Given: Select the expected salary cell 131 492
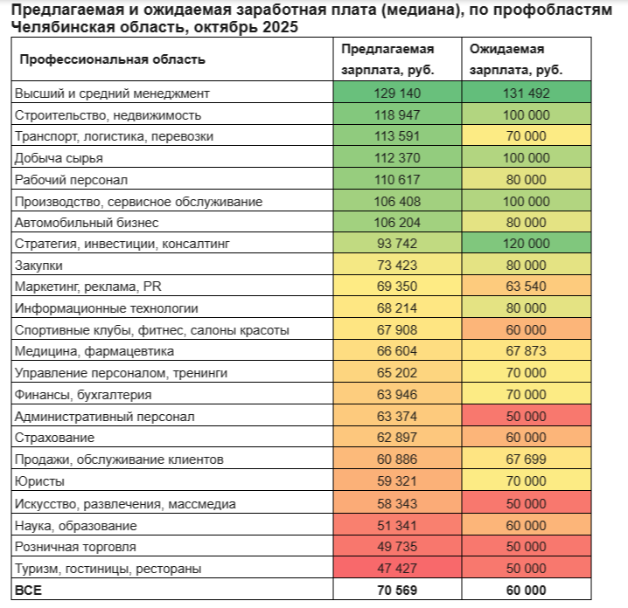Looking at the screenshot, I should [526, 93].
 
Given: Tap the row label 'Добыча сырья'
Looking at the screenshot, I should [59, 157].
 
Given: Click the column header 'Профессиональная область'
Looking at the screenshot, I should [113, 59].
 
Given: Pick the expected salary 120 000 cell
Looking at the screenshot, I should [526, 244].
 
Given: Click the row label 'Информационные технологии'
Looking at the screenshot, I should [106, 308].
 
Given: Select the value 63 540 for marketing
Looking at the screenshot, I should [526, 287].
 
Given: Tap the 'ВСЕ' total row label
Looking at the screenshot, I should [28, 590].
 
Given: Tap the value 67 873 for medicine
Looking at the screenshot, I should [526, 351].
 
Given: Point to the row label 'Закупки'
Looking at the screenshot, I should [39, 265].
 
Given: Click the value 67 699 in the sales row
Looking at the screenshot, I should [526, 459].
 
